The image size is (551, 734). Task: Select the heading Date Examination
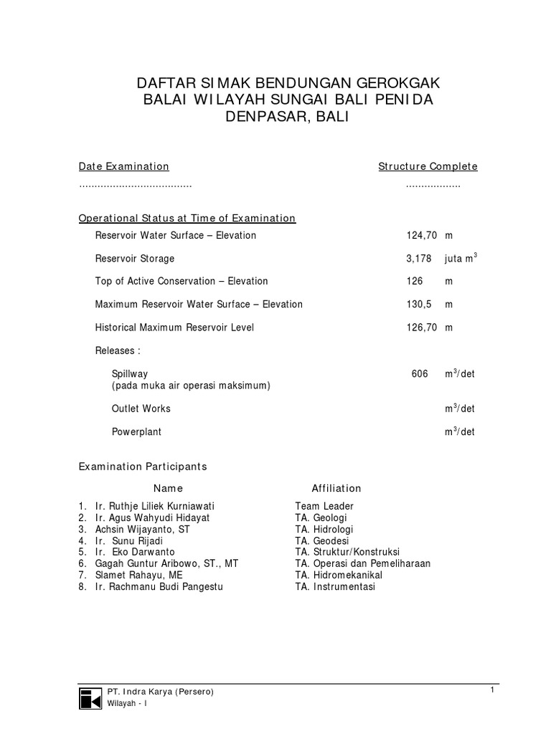tap(123, 166)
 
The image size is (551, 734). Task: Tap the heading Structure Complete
tap(428, 166)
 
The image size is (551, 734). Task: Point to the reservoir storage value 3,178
tap(418, 258)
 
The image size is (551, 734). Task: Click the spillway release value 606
tap(420, 373)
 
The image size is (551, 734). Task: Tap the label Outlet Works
tap(141, 409)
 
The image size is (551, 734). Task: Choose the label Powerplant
tap(136, 432)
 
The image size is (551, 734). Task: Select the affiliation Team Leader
tap(324, 506)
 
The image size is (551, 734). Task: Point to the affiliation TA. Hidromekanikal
tap(339, 575)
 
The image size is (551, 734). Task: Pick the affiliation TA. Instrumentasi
tap(335, 586)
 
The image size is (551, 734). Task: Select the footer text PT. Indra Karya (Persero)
tap(160, 692)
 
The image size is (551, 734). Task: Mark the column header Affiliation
tap(336, 488)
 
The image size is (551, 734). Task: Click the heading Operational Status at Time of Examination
tap(187, 218)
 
